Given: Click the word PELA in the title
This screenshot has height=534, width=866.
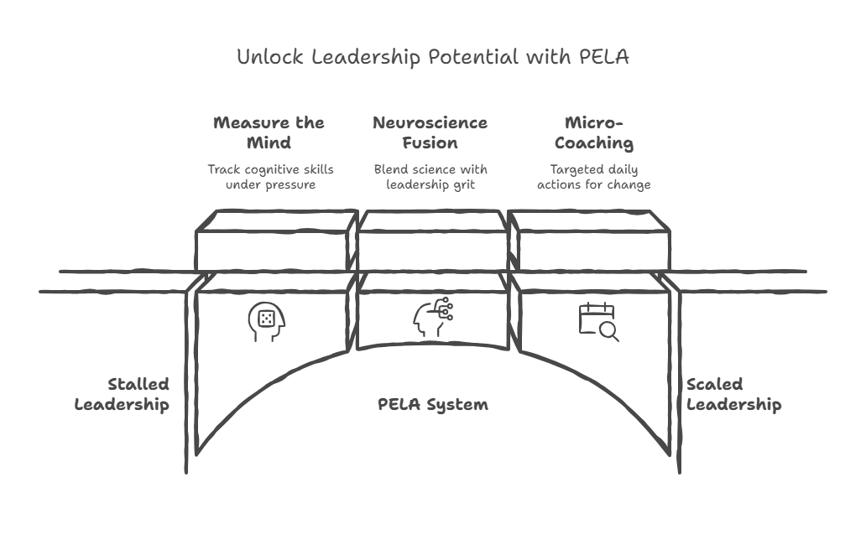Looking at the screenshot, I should [603, 58].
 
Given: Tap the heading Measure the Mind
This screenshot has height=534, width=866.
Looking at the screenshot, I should [269, 132].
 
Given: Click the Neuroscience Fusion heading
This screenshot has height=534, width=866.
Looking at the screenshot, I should [430, 132].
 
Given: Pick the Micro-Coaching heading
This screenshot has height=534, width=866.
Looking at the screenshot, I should [593, 132].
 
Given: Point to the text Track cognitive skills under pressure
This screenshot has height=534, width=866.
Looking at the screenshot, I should [270, 176].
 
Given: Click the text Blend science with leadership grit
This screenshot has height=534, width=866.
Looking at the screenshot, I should [430, 176].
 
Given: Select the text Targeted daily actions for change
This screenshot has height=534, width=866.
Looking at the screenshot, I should [593, 176].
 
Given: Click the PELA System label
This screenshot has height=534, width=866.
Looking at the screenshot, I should [433, 405].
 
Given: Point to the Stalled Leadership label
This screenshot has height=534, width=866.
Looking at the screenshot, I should [123, 395].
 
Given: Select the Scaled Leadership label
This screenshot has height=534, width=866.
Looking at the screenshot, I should [733, 395].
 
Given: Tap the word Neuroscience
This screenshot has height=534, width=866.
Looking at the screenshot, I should [430, 122].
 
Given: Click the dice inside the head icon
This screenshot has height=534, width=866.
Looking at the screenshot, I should [267, 319].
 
